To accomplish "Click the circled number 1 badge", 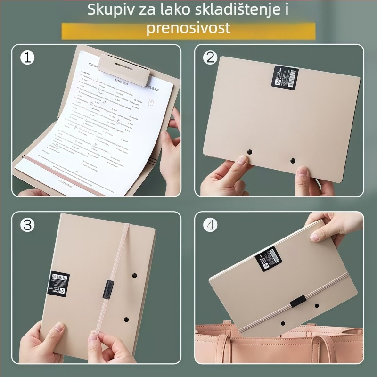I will (27, 57).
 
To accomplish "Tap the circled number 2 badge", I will (210, 57).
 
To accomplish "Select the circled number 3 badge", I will (27, 225).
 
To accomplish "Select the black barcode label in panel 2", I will (285, 77).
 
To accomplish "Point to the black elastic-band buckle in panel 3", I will (108, 289).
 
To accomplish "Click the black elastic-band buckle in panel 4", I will (298, 302).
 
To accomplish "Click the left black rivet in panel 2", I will (250, 152).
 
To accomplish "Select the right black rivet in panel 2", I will (293, 161).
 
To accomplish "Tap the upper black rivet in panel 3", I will (134, 274).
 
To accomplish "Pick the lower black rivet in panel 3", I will (126, 320).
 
